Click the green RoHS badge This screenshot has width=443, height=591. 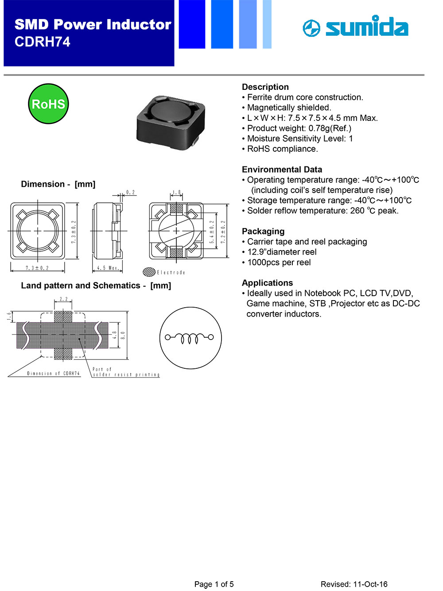[48, 104]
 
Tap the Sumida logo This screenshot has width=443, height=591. [355, 27]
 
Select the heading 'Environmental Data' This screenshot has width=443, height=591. [282, 170]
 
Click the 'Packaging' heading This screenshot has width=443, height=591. [263, 232]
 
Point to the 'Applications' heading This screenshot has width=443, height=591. [267, 283]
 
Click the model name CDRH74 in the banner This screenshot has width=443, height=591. [43, 42]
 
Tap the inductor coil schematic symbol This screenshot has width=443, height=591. [190, 338]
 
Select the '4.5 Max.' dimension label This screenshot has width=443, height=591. [108, 268]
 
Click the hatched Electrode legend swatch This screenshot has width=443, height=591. [149, 272]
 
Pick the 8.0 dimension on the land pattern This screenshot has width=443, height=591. [123, 335]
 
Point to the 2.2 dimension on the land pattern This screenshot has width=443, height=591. [63, 299]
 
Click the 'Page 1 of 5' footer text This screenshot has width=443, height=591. [214, 584]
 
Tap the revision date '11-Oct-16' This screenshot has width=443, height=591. [370, 584]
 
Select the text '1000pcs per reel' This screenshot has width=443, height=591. [279, 263]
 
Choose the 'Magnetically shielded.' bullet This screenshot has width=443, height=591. [289, 108]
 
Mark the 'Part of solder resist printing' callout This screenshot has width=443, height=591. [125, 372]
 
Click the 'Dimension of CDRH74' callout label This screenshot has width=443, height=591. [53, 374]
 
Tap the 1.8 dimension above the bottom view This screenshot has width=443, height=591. [176, 193]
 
